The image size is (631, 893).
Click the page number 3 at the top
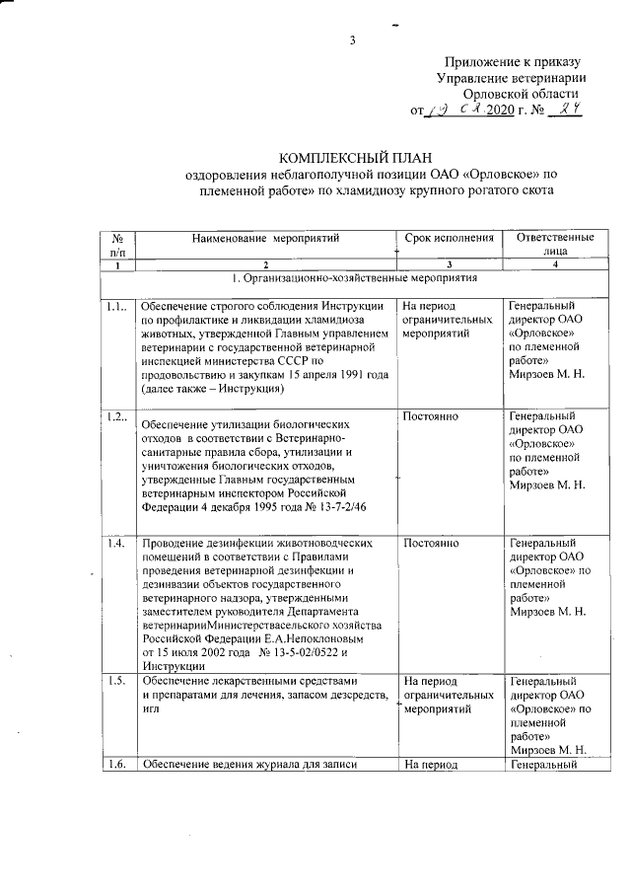pos(351,40)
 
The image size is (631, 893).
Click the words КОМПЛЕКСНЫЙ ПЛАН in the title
pos(357,158)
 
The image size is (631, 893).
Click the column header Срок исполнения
pos(450,238)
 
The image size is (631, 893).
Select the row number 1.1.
pos(117,307)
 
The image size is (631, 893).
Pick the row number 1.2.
pos(117,417)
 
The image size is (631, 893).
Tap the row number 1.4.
pos(116,543)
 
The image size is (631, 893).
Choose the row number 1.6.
pos(116,765)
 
